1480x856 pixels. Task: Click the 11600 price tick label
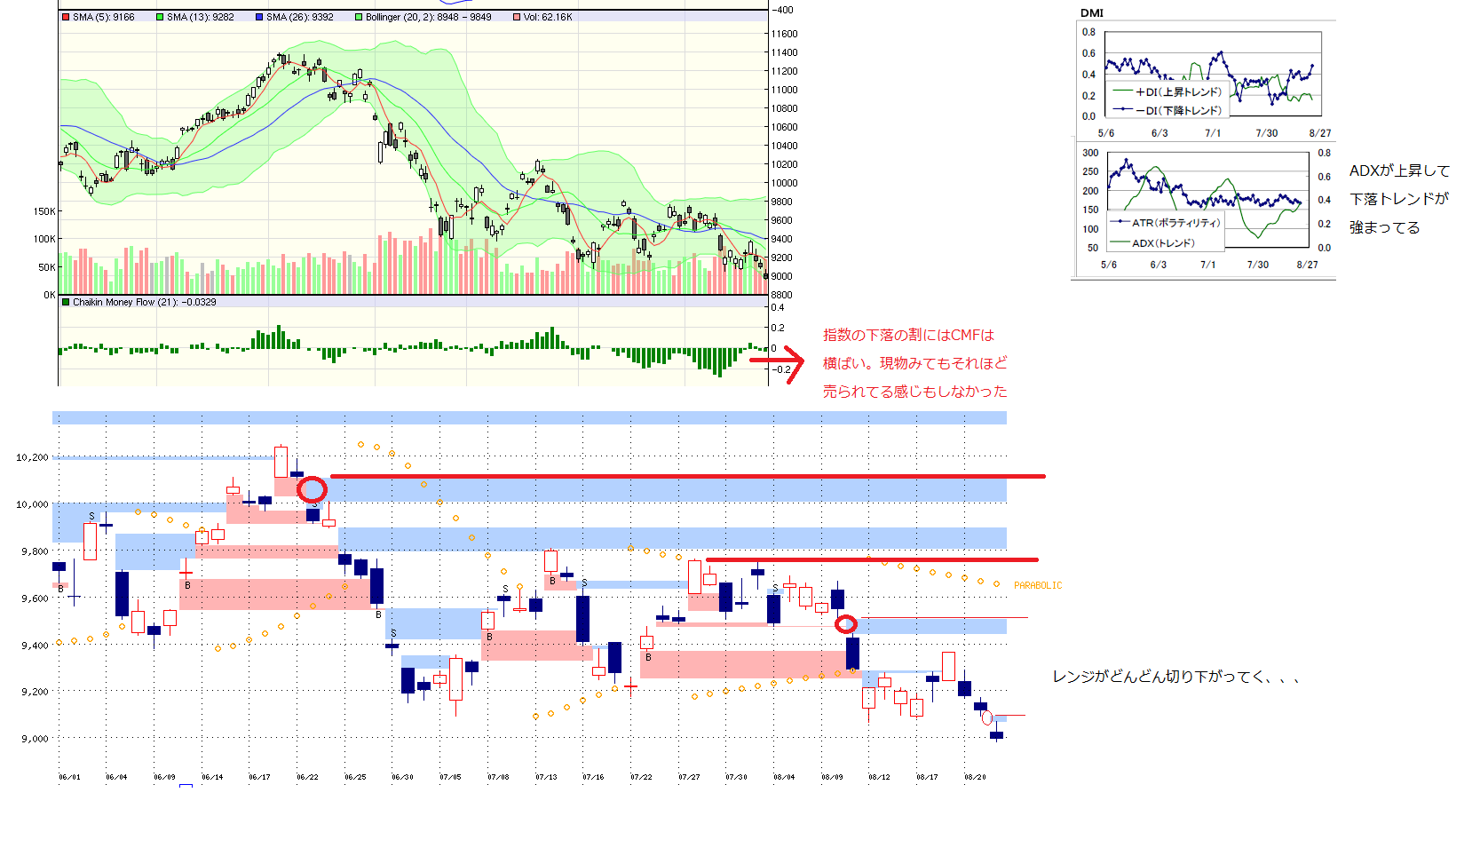click(784, 34)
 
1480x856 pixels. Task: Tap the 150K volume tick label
click(44, 211)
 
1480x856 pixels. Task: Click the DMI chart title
click(1092, 12)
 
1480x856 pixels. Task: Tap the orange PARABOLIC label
click(1037, 585)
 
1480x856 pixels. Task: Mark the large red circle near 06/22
click(312, 488)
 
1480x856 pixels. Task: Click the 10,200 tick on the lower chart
click(33, 457)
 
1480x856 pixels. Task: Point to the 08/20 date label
click(975, 777)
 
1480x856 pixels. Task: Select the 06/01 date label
click(69, 777)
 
